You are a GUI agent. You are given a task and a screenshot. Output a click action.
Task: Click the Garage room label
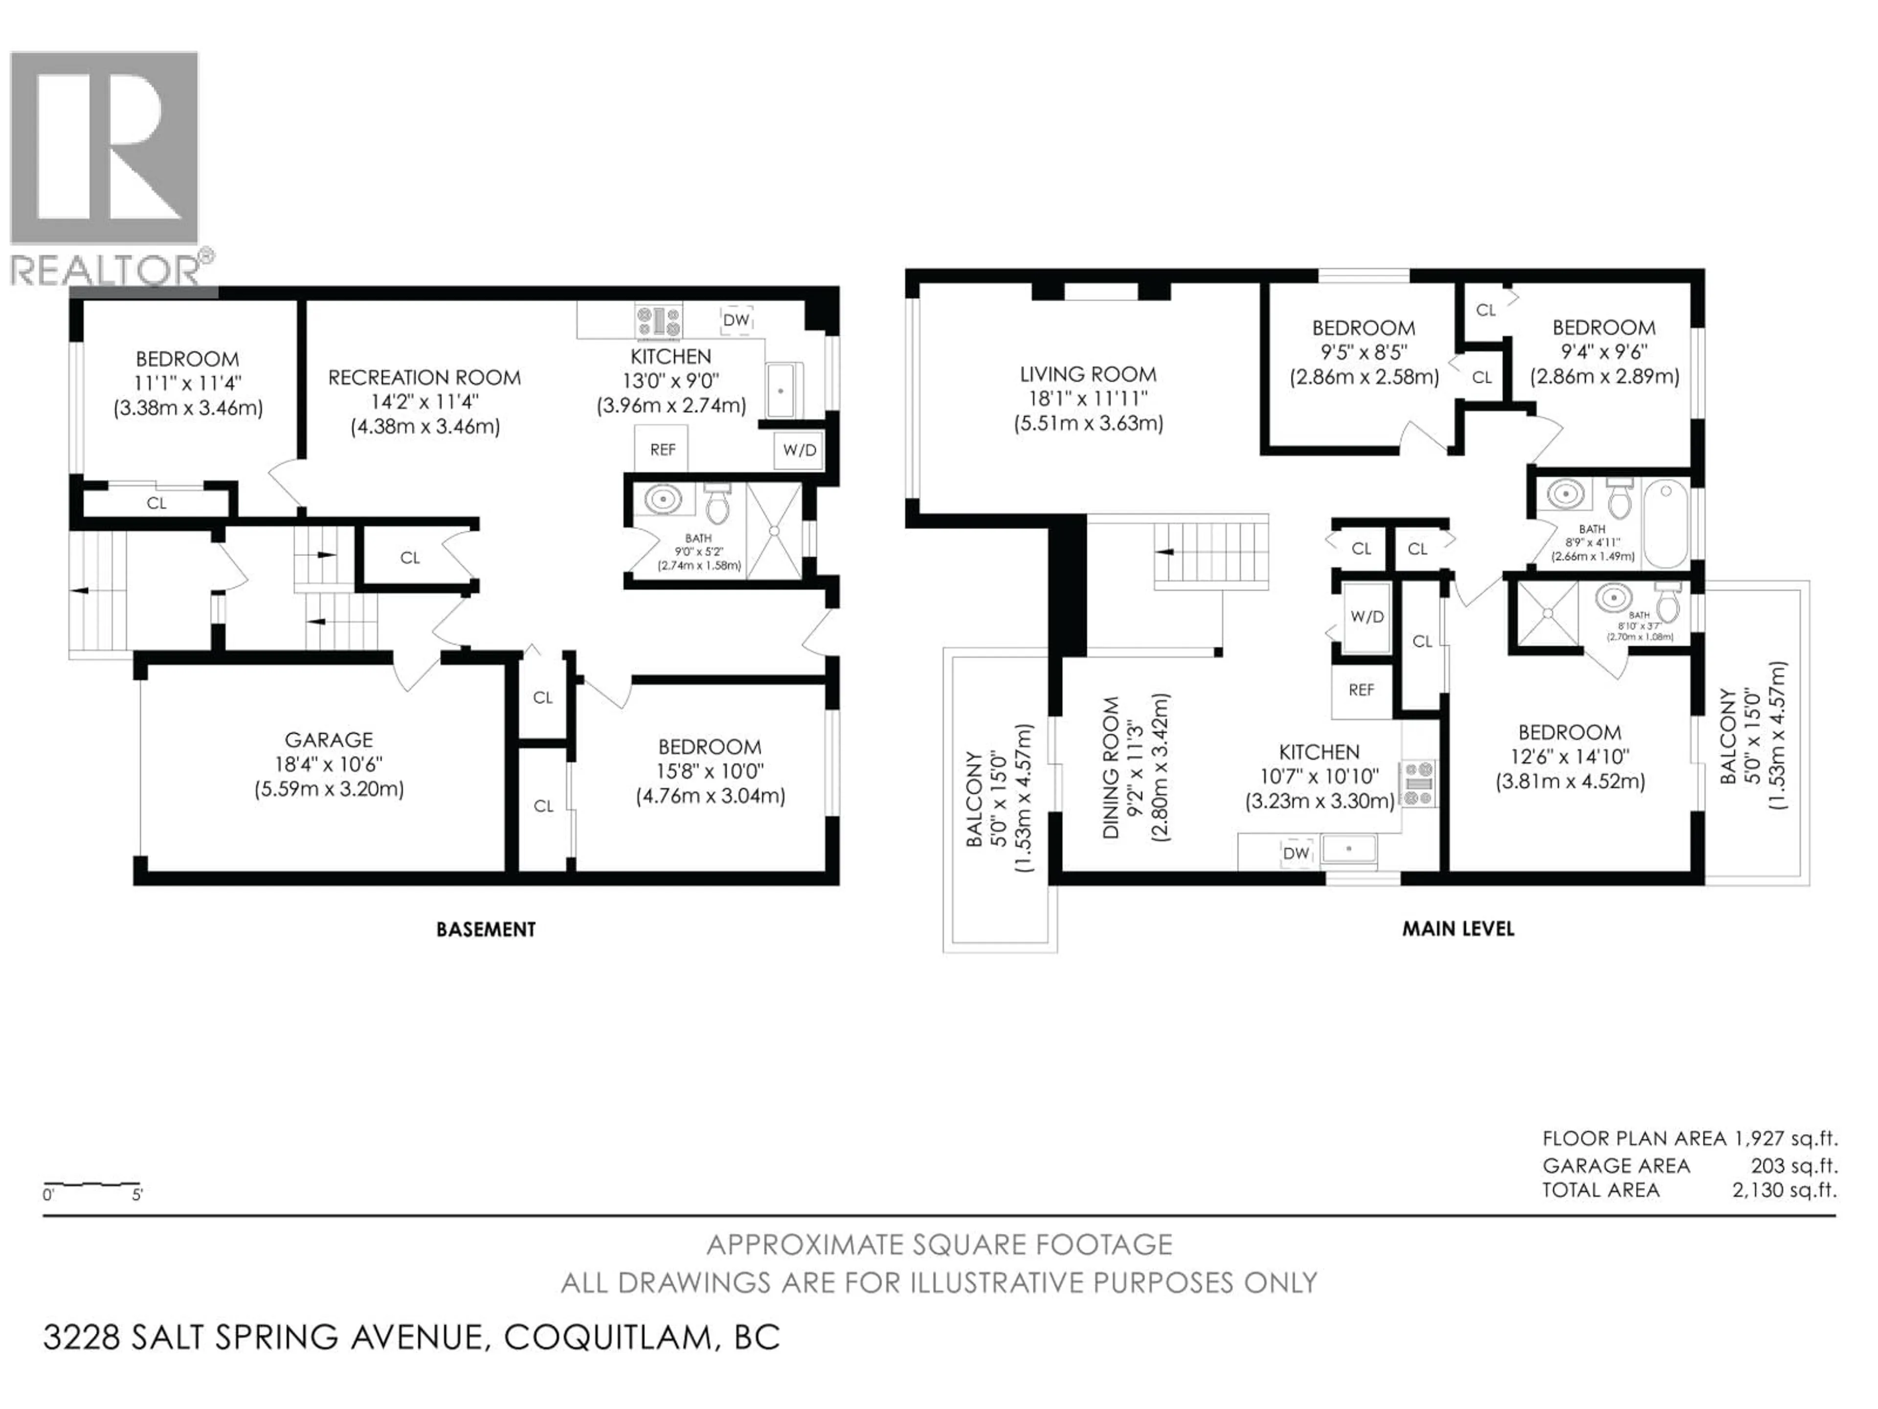tap(329, 740)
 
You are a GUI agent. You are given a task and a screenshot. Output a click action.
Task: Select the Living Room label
tap(1088, 375)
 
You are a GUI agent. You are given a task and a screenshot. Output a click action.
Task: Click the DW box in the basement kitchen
tap(736, 320)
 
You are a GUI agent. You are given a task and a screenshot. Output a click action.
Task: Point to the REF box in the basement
tap(662, 449)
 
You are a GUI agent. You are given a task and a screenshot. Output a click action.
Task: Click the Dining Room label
tap(1111, 768)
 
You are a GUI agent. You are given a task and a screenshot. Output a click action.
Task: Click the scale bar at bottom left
tap(91, 1184)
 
